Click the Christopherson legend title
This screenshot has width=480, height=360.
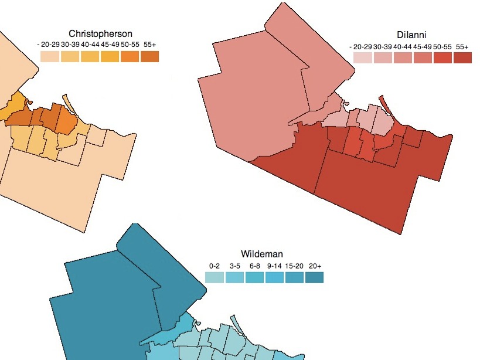tap(100, 34)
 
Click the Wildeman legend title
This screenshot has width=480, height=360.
tap(262, 254)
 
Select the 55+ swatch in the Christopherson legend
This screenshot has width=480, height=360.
tap(149, 57)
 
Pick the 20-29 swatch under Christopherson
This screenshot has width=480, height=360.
tap(50, 57)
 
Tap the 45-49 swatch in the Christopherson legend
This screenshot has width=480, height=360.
tap(110, 57)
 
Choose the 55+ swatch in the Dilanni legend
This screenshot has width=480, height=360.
tap(462, 57)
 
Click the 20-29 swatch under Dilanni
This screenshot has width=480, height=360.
tap(363, 57)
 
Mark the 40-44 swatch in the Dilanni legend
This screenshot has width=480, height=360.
tap(403, 57)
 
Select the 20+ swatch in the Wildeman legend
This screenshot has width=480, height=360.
tap(314, 277)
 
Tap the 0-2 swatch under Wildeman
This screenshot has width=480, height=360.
tap(215, 277)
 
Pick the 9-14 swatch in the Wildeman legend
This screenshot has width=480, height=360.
tap(274, 277)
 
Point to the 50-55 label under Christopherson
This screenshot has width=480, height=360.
tap(130, 45)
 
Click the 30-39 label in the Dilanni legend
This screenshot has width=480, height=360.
tap(383, 46)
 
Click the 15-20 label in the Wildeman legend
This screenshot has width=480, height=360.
tap(294, 266)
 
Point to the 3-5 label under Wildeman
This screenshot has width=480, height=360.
tap(234, 266)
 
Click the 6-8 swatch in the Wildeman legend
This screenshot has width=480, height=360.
tap(254, 277)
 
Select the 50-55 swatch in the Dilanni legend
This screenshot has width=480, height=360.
tap(442, 57)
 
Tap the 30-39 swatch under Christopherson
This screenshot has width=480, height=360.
tap(70, 57)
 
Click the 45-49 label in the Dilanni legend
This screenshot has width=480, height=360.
tap(423, 46)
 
